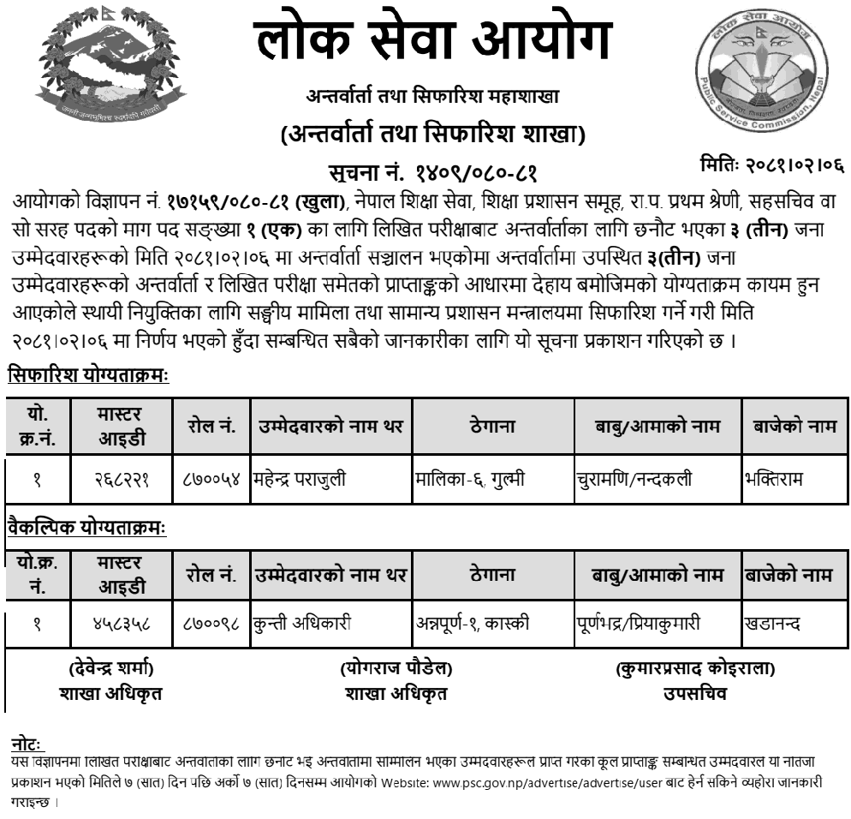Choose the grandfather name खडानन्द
pos(773,623)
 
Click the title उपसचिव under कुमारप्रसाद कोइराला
pos(694,693)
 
